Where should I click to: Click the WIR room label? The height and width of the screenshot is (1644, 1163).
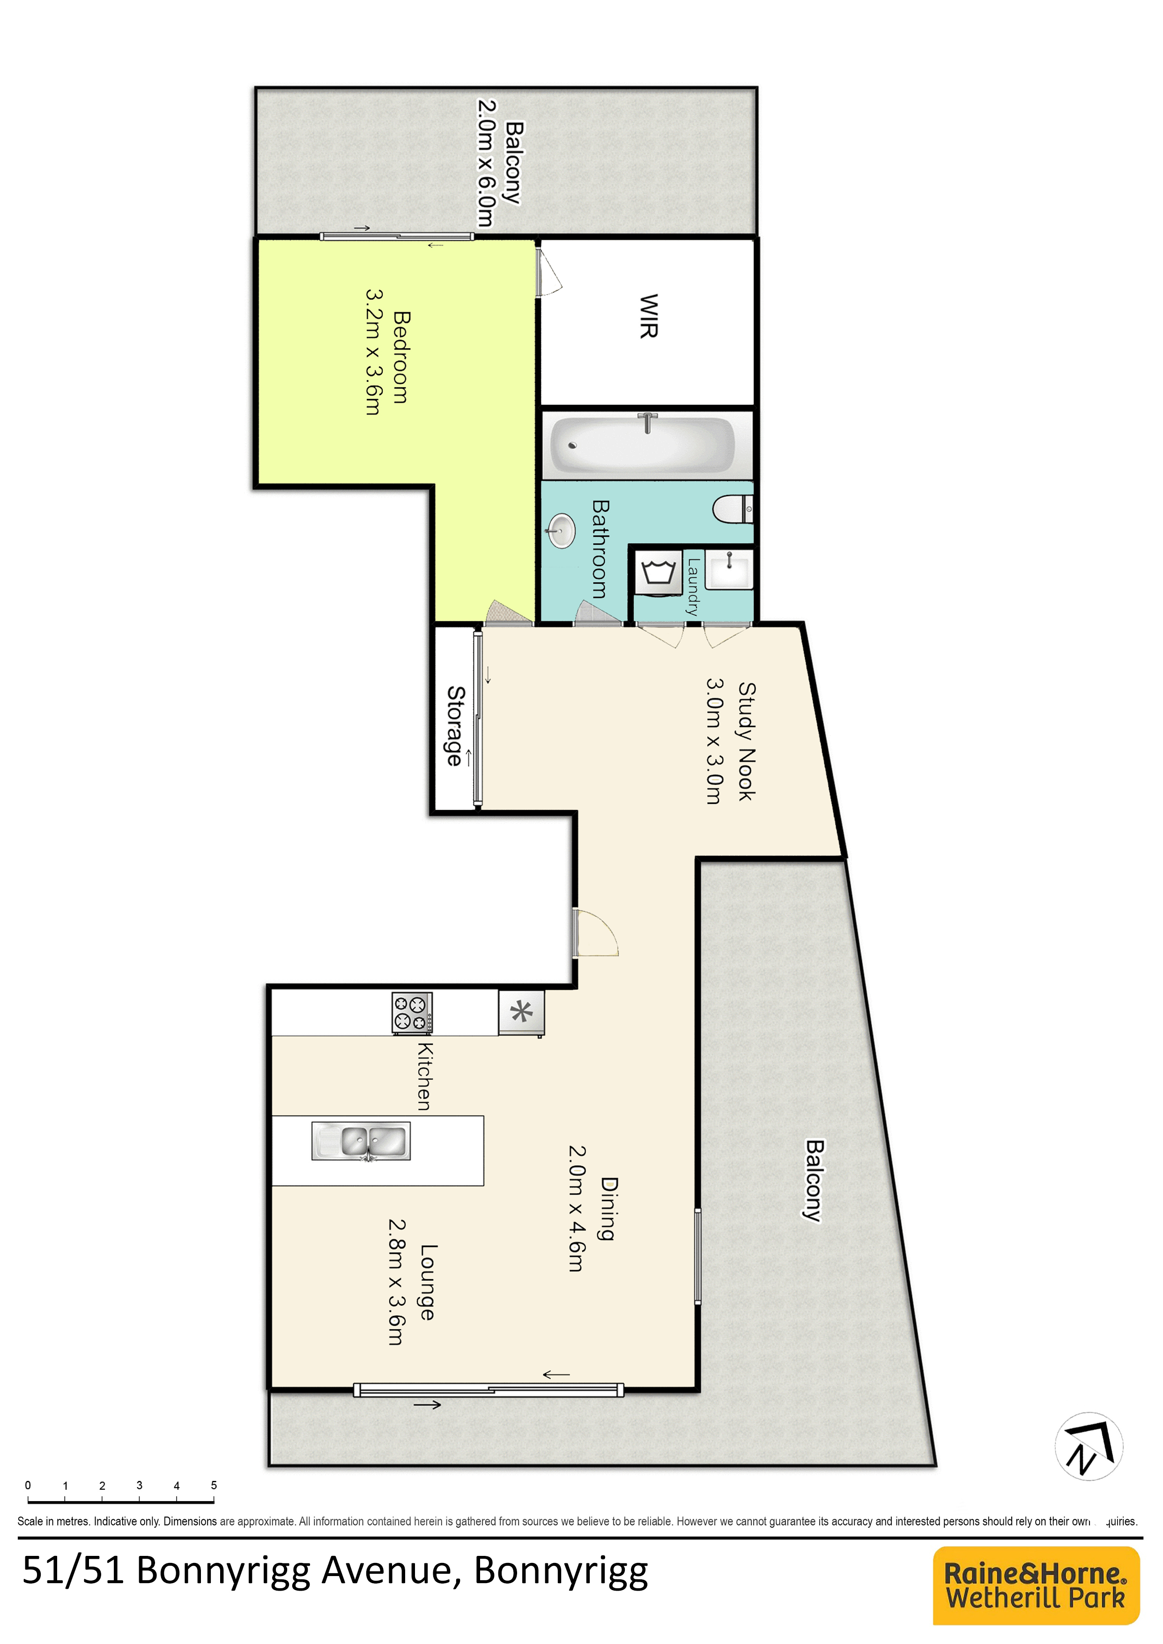(649, 315)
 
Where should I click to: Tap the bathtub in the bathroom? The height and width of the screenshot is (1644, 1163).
(642, 444)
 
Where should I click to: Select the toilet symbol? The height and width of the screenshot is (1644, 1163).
(733, 510)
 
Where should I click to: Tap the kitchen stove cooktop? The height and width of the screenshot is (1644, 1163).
(412, 1013)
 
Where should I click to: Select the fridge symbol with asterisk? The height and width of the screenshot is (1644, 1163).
(521, 1013)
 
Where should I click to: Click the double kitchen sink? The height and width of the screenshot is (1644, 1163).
(362, 1140)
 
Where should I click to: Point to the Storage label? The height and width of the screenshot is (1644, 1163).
(455, 725)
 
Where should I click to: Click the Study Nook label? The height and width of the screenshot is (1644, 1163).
(747, 741)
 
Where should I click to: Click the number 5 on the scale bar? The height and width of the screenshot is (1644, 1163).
(214, 1485)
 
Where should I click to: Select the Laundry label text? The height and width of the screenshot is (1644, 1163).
(692, 587)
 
